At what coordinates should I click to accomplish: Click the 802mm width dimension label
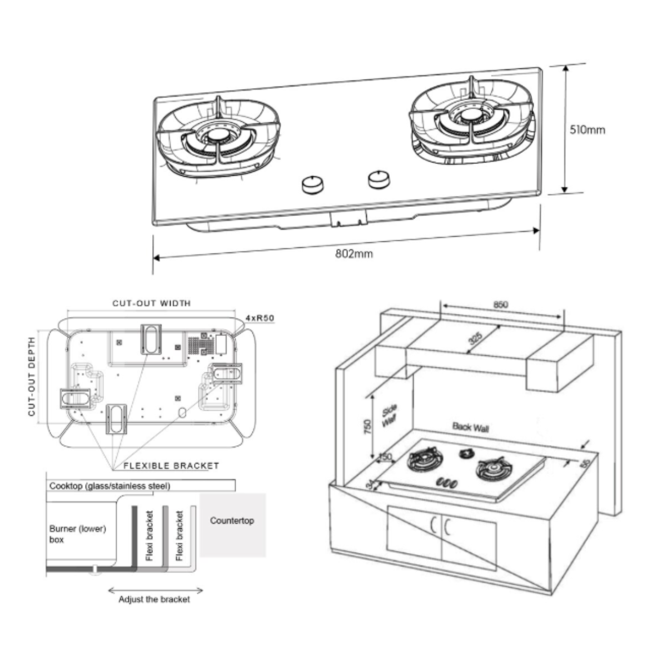click(354, 253)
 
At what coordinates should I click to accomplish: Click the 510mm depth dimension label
click(587, 130)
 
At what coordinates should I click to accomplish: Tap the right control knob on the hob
click(379, 178)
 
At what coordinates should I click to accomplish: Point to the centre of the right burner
click(472, 116)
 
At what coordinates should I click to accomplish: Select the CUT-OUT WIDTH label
click(151, 303)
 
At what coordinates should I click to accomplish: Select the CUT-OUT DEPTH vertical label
click(32, 376)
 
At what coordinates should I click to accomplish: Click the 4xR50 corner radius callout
click(260, 318)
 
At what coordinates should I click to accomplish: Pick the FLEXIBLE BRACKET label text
click(171, 466)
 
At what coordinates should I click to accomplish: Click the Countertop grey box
click(232, 525)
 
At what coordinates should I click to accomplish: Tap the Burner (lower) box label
click(77, 534)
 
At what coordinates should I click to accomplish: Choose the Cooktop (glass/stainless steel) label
click(110, 486)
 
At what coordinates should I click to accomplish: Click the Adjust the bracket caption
click(154, 599)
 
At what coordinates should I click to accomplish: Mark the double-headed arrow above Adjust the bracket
click(155, 590)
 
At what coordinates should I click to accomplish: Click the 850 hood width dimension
click(500, 305)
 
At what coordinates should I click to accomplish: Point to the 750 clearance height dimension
click(367, 427)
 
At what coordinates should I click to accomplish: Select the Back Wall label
click(470, 427)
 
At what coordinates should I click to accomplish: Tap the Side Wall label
click(390, 416)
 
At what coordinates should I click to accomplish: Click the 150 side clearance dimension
click(385, 457)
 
